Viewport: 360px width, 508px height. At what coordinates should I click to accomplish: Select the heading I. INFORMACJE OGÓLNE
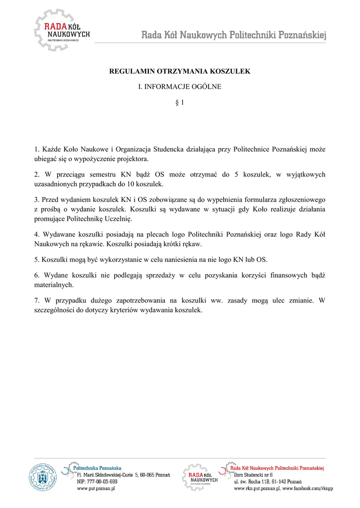pos(179,87)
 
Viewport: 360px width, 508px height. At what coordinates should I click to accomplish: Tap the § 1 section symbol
pos(180,103)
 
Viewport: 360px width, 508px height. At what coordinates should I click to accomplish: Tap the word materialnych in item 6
pos(54,285)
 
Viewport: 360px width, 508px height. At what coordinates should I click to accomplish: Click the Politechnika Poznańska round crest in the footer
pos(43,477)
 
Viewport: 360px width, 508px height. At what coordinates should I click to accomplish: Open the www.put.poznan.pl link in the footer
pos(96,489)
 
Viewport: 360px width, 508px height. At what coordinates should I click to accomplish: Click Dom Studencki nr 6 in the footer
pos(253,475)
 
